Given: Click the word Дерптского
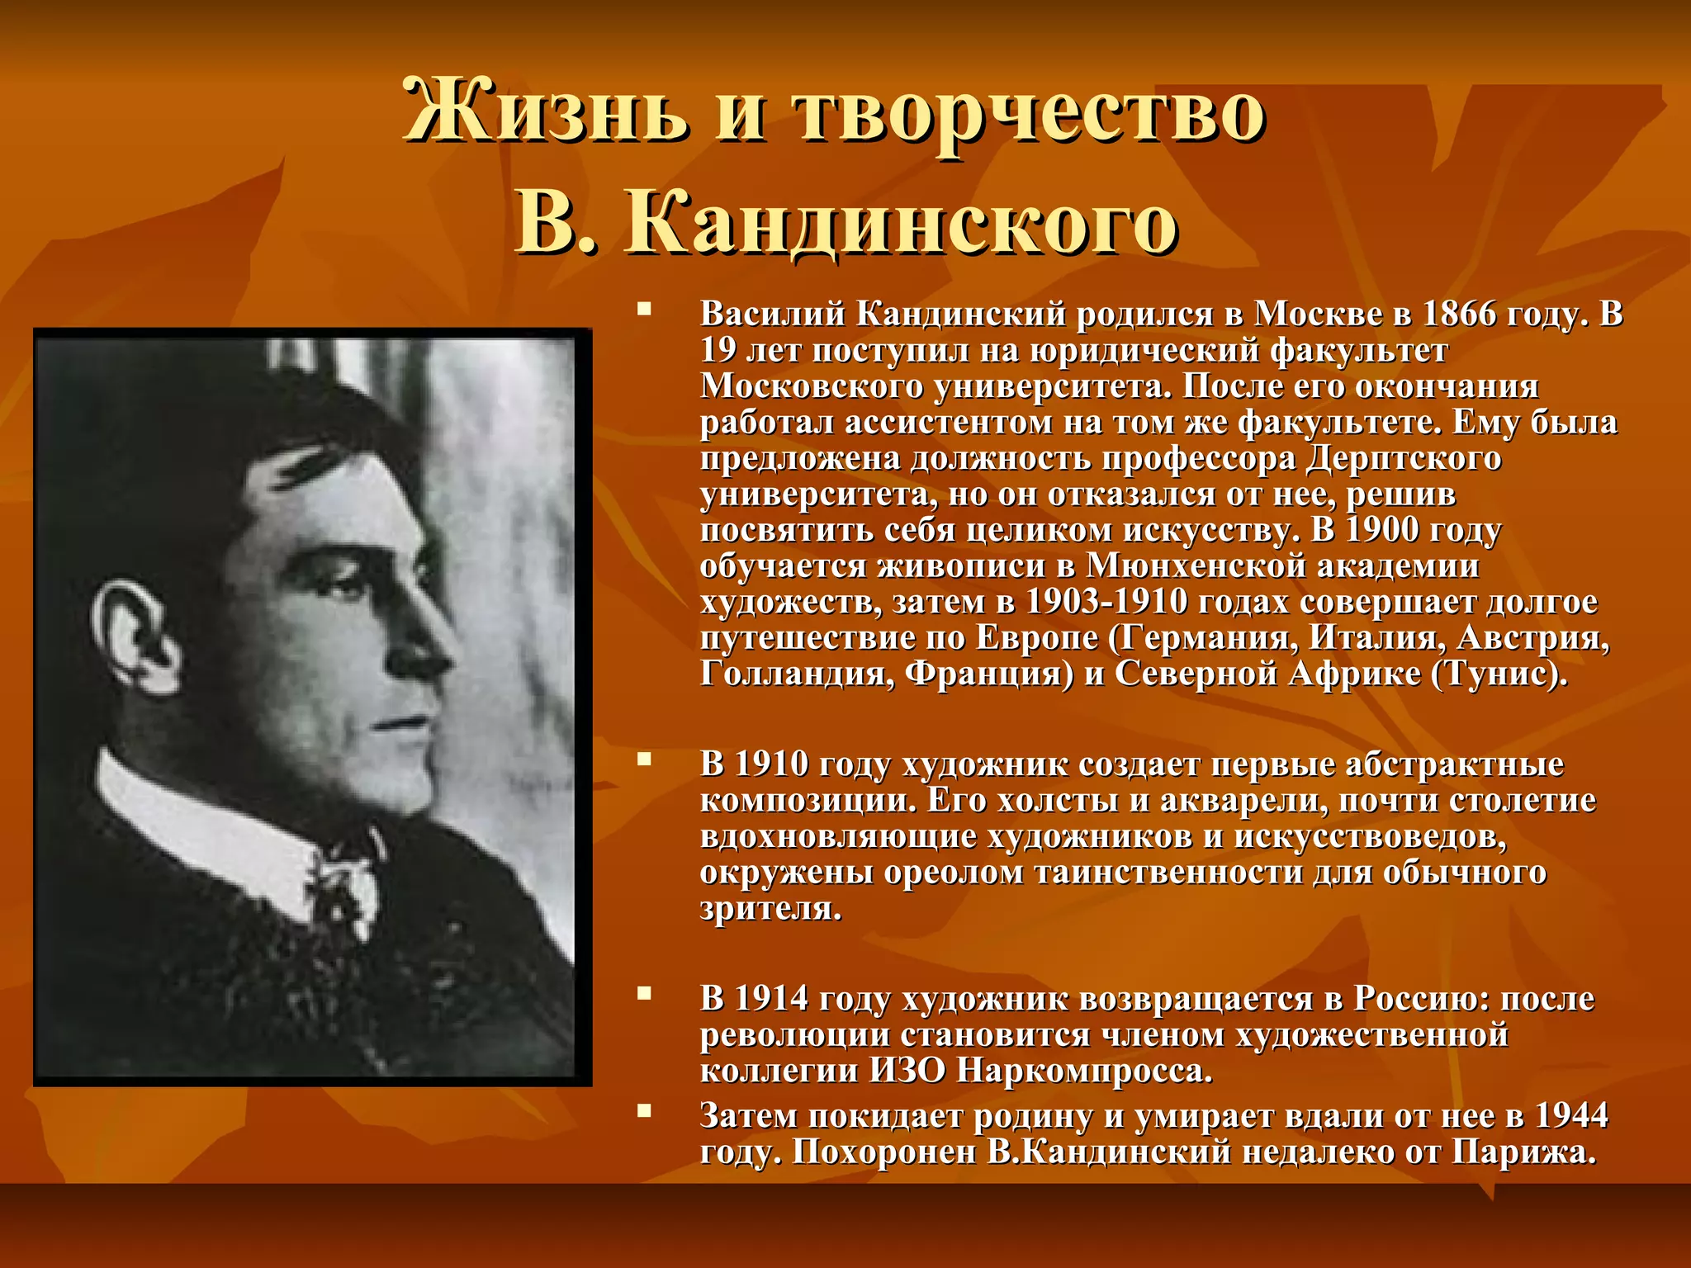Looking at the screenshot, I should (1403, 458).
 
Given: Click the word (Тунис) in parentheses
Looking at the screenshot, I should (1498, 674).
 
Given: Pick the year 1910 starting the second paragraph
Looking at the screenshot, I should (771, 764).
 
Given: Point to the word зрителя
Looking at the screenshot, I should (770, 909).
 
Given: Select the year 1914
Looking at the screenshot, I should (771, 999).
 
